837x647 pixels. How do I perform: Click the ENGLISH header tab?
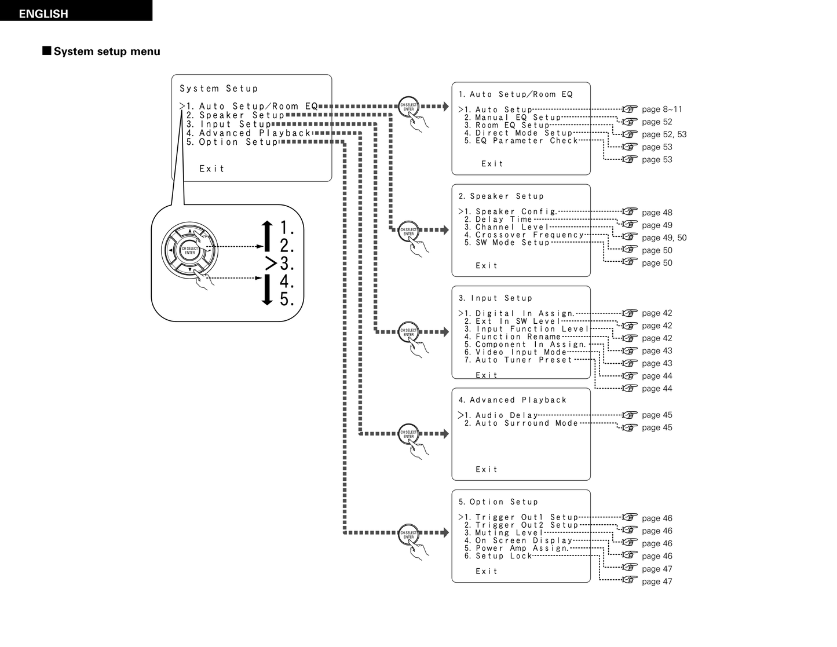click(x=43, y=13)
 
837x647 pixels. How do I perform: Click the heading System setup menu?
click(x=107, y=52)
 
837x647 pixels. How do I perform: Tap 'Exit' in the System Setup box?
click(x=212, y=169)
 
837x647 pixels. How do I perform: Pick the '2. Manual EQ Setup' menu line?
click(x=513, y=118)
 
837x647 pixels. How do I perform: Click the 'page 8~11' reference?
click(x=661, y=109)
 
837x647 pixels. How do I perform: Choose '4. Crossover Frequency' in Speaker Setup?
click(x=524, y=235)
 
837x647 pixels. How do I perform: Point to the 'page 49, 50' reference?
click(x=664, y=237)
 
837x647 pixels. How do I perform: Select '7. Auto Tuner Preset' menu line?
click(x=518, y=360)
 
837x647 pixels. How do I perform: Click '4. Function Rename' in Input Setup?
click(x=513, y=337)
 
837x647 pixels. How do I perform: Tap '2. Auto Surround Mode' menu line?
click(x=521, y=423)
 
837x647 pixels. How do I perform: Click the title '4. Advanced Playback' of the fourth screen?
click(x=513, y=400)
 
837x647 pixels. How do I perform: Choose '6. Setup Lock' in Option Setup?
click(x=498, y=556)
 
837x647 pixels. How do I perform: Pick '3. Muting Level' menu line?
click(x=504, y=533)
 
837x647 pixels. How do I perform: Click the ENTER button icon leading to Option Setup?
click(x=409, y=535)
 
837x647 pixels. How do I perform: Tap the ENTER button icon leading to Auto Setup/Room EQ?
click(x=409, y=107)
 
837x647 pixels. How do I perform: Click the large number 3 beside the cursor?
click(x=286, y=264)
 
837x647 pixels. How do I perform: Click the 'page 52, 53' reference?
click(x=664, y=134)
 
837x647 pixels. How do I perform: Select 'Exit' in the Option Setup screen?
click(x=487, y=572)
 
